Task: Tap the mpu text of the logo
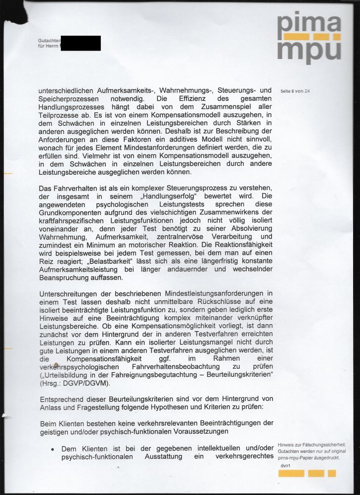tap(309, 50)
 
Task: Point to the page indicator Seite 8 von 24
tap(295, 91)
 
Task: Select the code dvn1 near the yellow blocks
tap(285, 466)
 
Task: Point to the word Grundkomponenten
tap(69, 212)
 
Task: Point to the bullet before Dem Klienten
tap(52, 449)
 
